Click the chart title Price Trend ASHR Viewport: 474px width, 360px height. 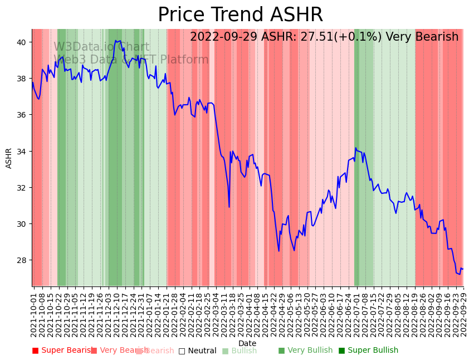pos(240,15)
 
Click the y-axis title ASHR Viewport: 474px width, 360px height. pos(9,158)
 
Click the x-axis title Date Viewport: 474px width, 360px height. pos(247,344)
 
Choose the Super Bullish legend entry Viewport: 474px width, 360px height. pos(369,351)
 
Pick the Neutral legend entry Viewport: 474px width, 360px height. pos(197,351)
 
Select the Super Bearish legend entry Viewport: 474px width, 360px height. pos(62,351)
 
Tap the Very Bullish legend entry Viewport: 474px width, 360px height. pos(305,351)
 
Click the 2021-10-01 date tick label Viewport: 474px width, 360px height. pos(33,312)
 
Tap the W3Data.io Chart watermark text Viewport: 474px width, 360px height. pos(101,47)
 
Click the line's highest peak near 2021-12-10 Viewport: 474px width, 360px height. pos(115,40)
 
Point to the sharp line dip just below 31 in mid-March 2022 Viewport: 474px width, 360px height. pos(229,207)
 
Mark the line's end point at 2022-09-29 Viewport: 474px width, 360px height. pos(463,269)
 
